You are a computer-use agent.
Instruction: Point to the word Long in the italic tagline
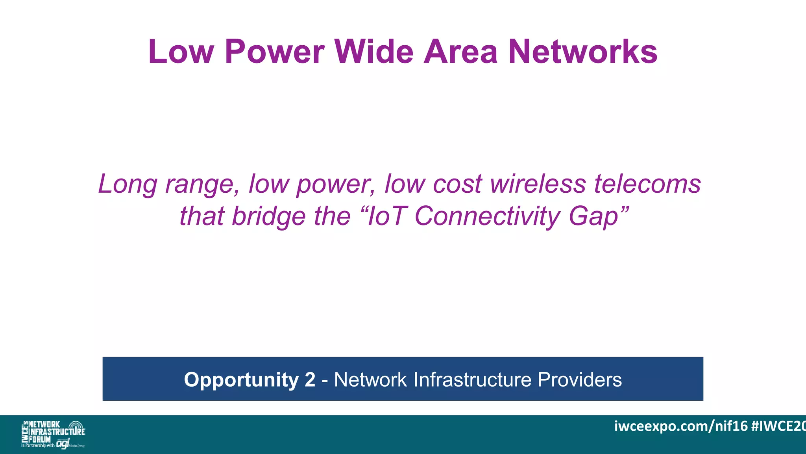pos(128,184)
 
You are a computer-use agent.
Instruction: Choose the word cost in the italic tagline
pos(457,184)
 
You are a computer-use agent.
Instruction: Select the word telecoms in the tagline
pos(647,184)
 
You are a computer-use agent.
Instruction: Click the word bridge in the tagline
pos(268,217)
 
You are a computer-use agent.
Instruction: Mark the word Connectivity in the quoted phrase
pos(487,217)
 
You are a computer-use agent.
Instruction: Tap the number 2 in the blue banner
pos(310,380)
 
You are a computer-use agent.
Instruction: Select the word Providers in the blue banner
pos(579,380)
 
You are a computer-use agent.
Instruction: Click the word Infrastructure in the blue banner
pos(472,380)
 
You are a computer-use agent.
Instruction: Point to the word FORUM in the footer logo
pos(40,439)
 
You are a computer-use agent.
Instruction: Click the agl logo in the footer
pos(63,444)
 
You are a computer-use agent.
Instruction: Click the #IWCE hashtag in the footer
pos(778,426)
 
